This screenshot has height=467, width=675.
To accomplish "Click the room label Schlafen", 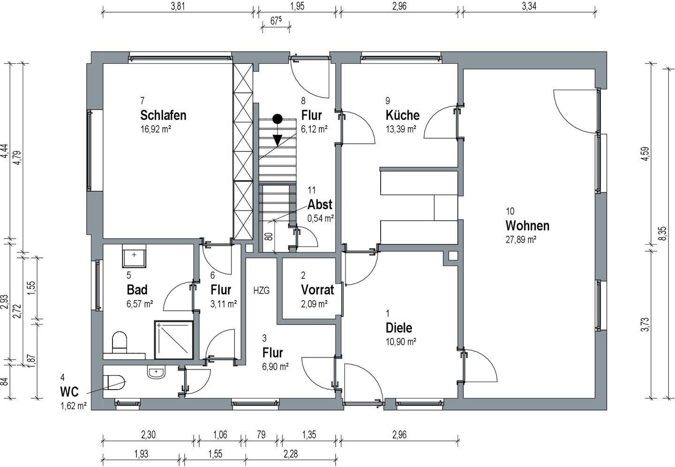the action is tap(163, 115).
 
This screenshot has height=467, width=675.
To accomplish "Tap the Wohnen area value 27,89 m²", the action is tap(521, 240).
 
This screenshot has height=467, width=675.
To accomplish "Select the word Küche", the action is tap(402, 115).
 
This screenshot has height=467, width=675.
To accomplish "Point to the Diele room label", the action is tap(398, 328).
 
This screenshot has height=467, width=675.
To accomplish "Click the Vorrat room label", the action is tap(317, 290).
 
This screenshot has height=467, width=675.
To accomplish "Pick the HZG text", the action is tap(261, 291).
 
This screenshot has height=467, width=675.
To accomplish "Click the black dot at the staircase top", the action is tap(277, 119).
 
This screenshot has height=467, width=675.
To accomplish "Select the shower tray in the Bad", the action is tap(174, 340).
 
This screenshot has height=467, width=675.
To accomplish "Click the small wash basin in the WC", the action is tap(157, 372).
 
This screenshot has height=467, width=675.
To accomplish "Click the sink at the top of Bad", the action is tap(134, 256).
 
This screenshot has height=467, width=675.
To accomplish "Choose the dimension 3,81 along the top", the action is tap(178, 7).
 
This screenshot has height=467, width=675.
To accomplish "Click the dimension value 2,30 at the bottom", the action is tap(148, 435).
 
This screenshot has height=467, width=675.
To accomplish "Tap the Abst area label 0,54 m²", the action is tap(320, 218).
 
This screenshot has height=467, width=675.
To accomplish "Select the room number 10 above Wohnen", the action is tap(510, 211).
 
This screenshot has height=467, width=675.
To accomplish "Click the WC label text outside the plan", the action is tap(69, 392).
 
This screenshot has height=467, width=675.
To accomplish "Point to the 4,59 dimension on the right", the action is tap(645, 154).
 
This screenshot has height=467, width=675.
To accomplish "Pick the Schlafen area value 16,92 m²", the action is tap(156, 129).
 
